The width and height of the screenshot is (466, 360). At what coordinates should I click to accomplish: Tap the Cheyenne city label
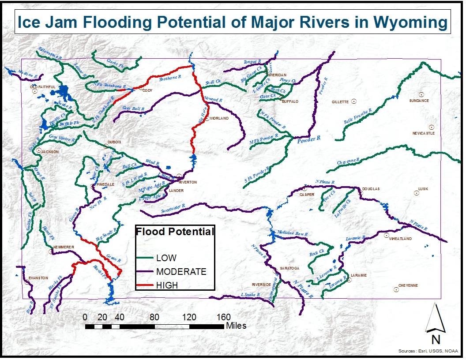tap(408, 285)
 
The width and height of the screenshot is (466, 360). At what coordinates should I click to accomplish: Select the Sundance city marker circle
tap(421, 94)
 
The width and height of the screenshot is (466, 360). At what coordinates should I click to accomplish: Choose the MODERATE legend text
tap(181, 272)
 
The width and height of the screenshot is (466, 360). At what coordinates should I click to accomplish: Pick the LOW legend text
tap(166, 258)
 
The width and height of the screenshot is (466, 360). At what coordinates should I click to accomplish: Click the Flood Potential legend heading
tap(175, 232)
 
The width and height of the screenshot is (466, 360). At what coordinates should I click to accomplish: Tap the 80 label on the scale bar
tap(154, 317)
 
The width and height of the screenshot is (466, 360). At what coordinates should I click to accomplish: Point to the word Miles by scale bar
tap(236, 326)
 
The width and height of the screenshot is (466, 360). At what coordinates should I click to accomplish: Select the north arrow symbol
tap(435, 319)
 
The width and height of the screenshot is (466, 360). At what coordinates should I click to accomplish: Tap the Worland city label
tap(219, 119)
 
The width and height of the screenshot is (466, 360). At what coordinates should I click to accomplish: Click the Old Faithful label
tap(43, 87)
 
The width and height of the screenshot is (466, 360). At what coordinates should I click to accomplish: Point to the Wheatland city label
tap(400, 239)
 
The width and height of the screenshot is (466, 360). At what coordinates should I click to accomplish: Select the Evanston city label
tap(38, 278)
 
